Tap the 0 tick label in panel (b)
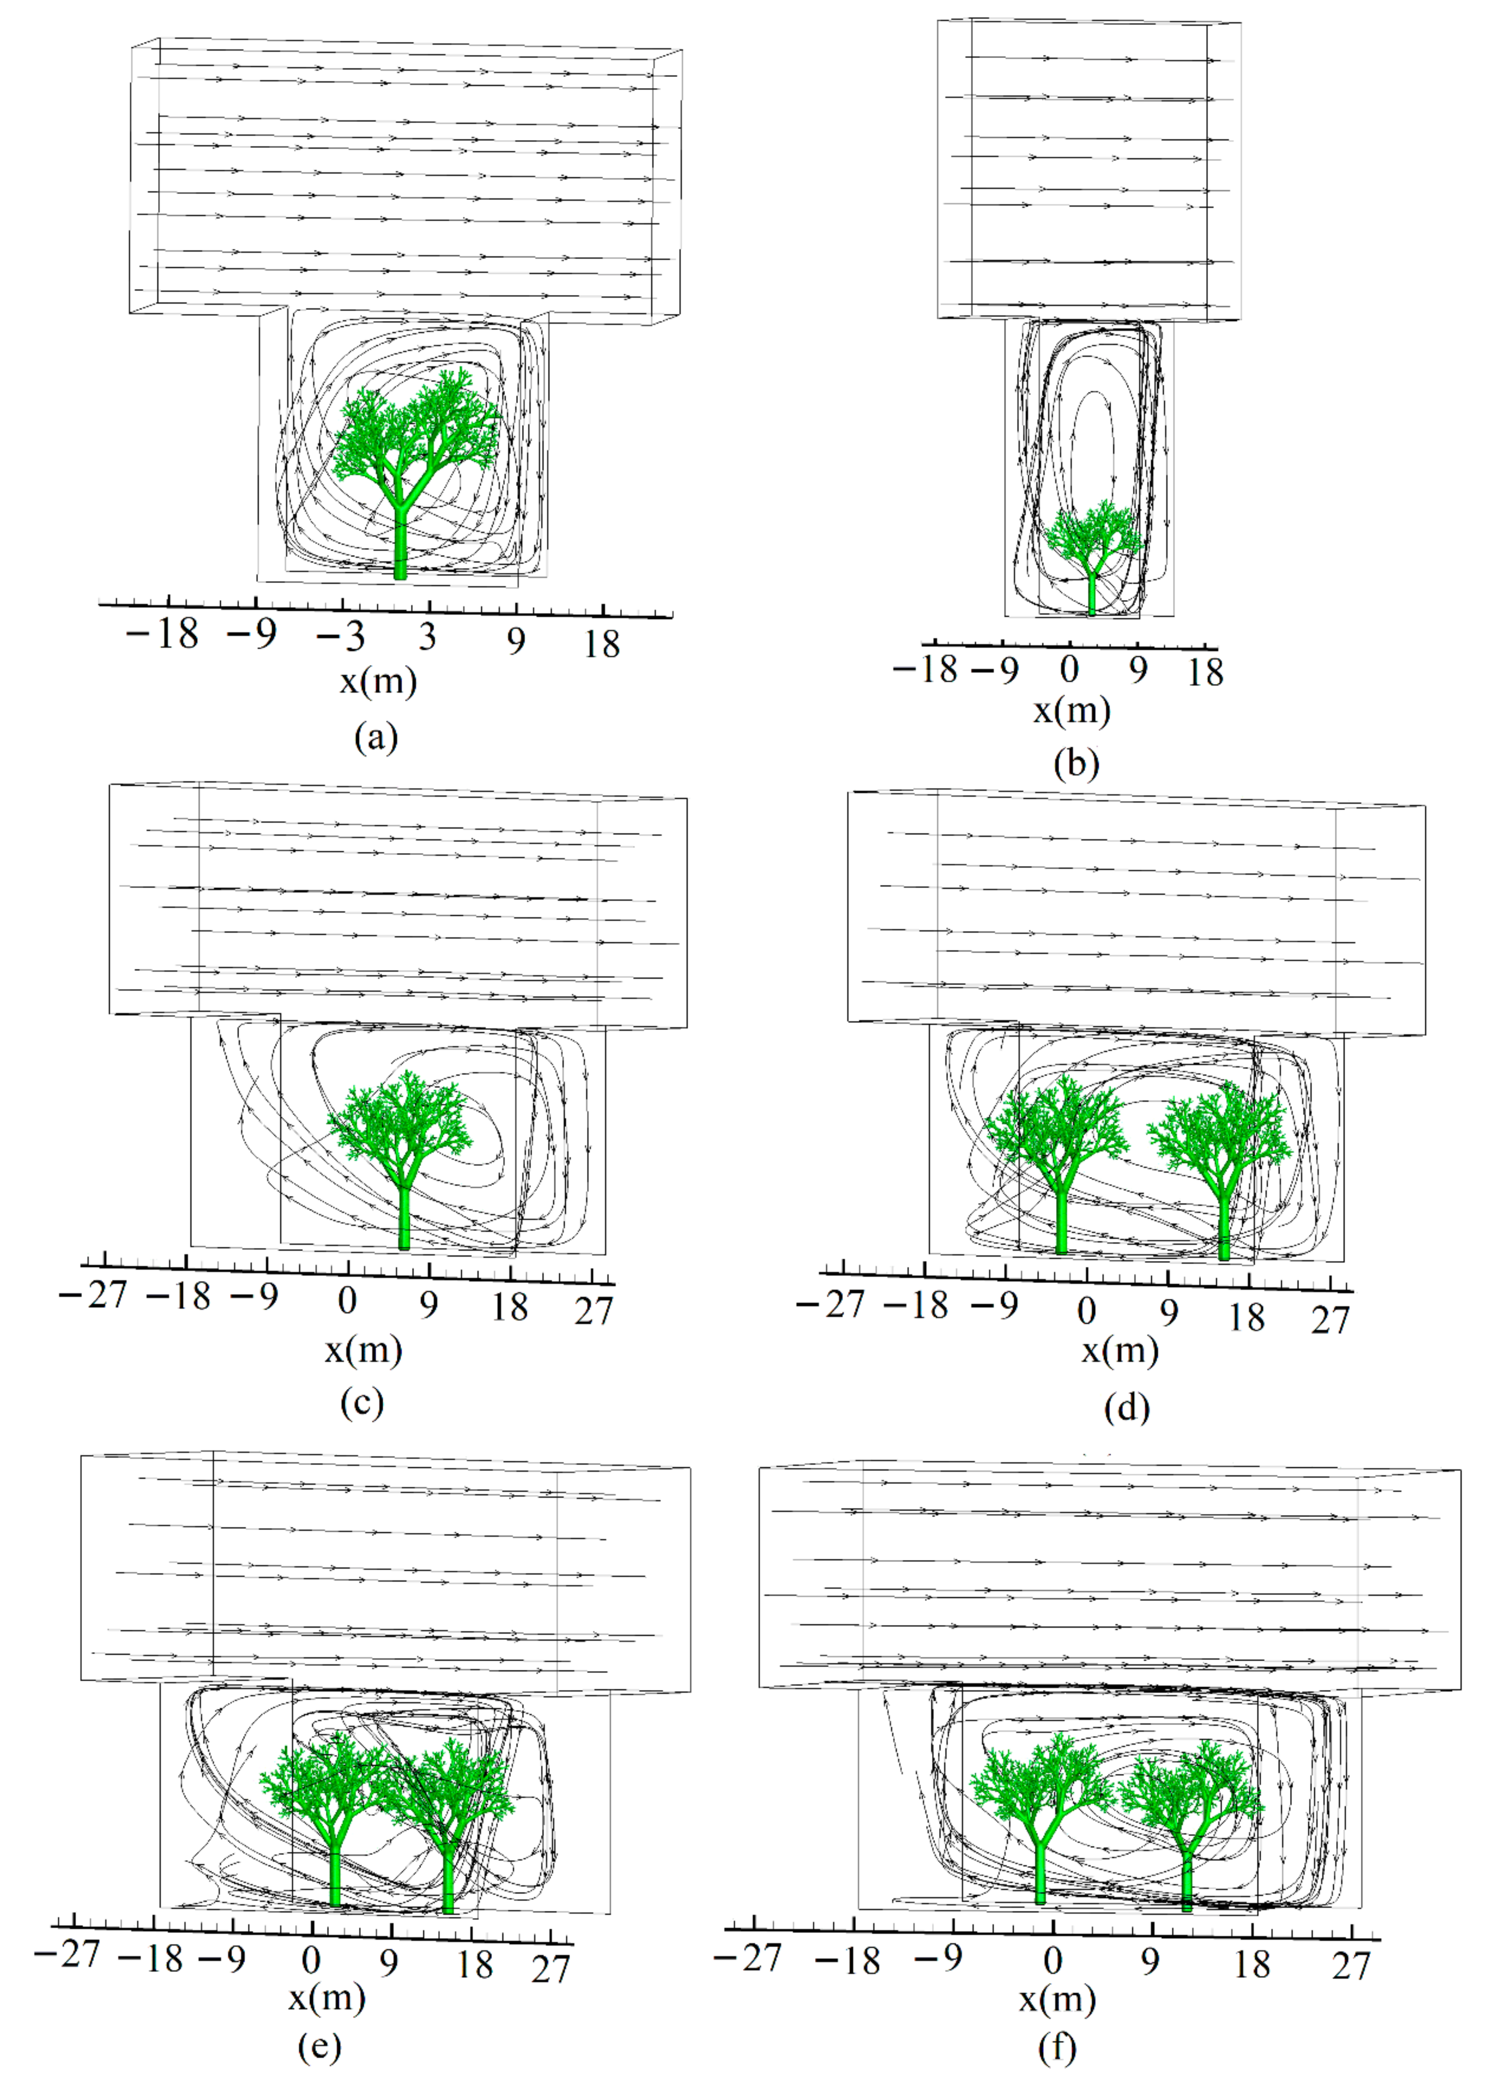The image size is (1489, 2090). (1069, 670)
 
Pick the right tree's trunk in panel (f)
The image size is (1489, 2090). (1187, 1880)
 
